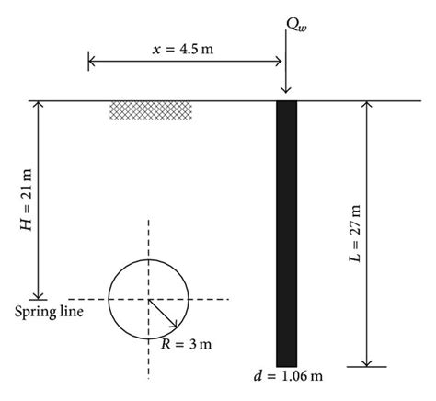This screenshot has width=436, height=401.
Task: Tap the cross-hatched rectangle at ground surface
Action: click(151, 109)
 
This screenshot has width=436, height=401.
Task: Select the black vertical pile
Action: click(287, 230)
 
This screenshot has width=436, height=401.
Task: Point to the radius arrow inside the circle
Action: click(163, 315)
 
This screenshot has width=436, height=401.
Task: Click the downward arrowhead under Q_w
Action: click(287, 90)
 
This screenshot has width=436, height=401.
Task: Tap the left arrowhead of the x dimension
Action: click(92, 62)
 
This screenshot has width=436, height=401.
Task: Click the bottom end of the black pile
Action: click(287, 362)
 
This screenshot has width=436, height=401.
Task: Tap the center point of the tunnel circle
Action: click(148, 300)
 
